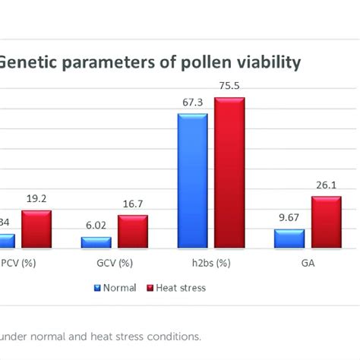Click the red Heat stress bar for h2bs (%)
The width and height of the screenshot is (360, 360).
229,172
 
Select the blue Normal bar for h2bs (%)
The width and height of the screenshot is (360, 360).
192,181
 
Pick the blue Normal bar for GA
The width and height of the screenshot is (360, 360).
289,239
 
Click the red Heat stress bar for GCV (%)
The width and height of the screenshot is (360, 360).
132,232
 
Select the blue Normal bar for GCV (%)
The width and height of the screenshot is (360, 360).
96,243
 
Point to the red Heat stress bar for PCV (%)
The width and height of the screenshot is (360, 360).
36,229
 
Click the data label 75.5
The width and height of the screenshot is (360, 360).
229,86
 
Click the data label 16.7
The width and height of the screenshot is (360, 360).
132,204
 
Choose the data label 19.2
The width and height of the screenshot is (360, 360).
36,199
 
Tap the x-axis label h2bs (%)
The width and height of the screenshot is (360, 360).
210,264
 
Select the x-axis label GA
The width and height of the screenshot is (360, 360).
307,264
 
